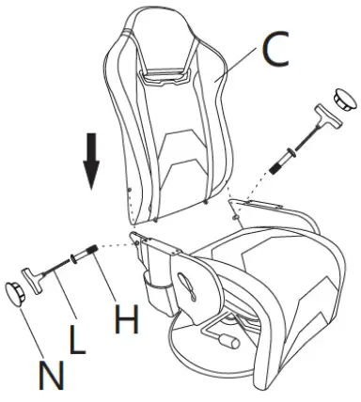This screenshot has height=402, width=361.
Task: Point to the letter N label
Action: [x=51, y=375]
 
